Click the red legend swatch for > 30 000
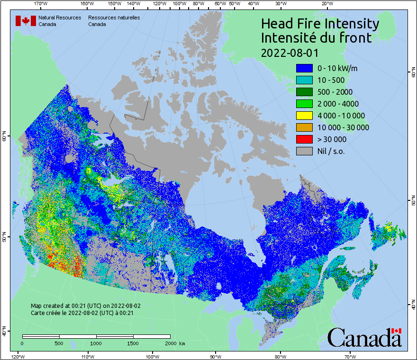pos(304,139)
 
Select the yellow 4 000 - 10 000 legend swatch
pos(304,116)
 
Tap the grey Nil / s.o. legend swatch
pos(304,151)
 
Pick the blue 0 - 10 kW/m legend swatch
pos(304,68)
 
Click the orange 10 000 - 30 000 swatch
pos(304,127)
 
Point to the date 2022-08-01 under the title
pos(290,52)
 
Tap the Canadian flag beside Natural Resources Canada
pos(26,21)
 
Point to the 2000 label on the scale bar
pos(171,343)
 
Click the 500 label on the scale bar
pos(59,343)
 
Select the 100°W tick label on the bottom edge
pos(152,356)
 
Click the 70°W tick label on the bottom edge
pos(350,356)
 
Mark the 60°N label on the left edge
pos(4,138)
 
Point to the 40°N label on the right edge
pos(413,306)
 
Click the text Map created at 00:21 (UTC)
pos(86,306)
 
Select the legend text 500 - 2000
pos(335,92)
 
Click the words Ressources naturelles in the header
pos(114,18)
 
